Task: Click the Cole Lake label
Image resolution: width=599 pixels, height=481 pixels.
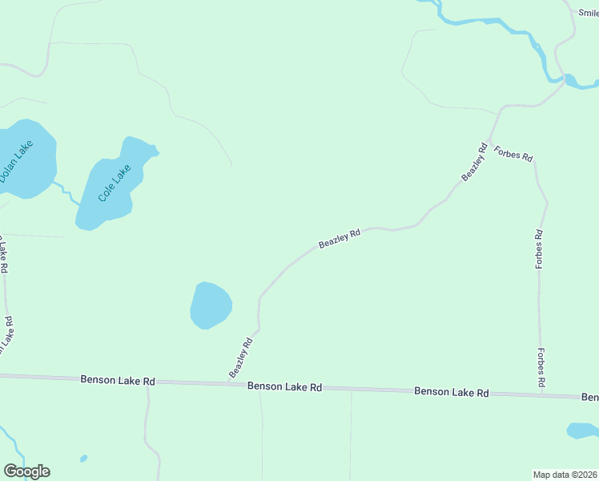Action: tap(114, 184)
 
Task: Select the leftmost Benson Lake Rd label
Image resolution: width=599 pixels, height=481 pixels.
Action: tap(117, 381)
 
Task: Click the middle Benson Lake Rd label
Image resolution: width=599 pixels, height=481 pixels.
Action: tap(284, 386)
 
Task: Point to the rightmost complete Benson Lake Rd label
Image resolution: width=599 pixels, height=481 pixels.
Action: tap(451, 392)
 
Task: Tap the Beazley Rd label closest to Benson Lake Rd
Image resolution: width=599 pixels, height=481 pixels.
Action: tap(240, 358)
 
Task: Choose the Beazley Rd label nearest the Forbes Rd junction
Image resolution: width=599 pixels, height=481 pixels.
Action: tap(474, 161)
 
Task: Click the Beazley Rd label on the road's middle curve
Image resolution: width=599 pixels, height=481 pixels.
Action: tap(340, 238)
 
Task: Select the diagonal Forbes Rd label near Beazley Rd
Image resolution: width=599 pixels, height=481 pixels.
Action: tap(513, 153)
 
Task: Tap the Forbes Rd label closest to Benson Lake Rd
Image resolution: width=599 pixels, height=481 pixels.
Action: tap(542, 368)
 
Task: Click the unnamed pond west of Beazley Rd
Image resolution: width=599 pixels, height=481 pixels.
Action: tap(211, 305)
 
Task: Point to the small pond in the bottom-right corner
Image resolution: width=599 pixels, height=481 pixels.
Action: tap(581, 430)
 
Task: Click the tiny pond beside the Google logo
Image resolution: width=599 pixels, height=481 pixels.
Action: tap(84, 459)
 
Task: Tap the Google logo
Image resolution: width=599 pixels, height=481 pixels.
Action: tap(26, 471)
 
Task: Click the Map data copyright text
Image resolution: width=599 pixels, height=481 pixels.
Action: tap(565, 474)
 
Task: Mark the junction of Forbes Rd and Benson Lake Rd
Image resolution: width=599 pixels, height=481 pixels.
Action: tap(542, 394)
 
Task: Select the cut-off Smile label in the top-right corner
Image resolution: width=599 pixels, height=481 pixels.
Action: tap(589, 12)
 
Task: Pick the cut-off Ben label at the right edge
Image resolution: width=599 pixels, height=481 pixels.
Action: tap(590, 397)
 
